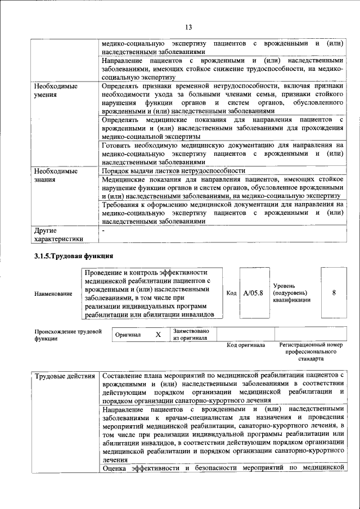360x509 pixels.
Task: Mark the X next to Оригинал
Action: click(158, 335)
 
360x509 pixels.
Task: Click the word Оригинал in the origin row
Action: click(128, 335)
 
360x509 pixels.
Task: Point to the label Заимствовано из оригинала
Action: click(191, 335)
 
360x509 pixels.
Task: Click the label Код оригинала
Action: click(245, 345)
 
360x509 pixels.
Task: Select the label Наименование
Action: click(53, 294)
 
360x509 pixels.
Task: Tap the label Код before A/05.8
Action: click(231, 293)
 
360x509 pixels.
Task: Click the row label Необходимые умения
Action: click(55, 91)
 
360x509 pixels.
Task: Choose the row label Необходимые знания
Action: click(55, 175)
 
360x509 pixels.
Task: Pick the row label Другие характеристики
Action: click(58, 235)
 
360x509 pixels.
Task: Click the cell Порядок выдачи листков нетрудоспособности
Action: click(173, 170)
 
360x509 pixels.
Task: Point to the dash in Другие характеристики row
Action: click(103, 230)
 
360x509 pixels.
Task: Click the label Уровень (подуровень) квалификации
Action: click(291, 293)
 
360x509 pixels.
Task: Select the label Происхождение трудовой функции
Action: click(67, 335)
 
